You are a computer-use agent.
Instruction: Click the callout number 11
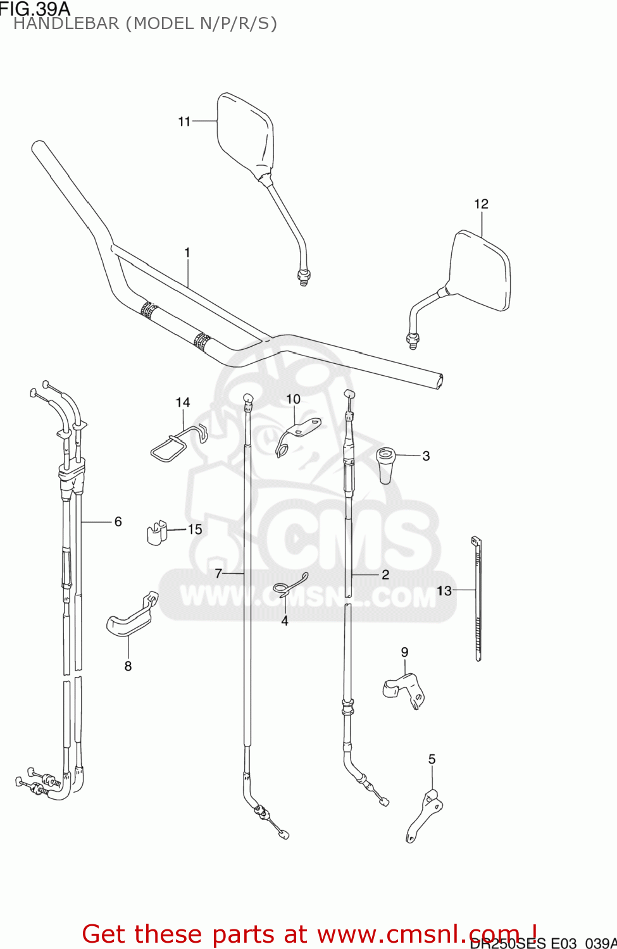click(x=184, y=121)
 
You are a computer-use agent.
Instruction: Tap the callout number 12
click(x=481, y=204)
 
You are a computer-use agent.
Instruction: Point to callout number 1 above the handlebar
click(x=187, y=252)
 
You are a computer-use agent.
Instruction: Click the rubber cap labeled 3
click(x=385, y=464)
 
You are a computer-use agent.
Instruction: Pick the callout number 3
click(x=426, y=456)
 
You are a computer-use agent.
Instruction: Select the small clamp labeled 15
click(x=156, y=532)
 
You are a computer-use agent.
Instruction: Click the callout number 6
click(x=118, y=521)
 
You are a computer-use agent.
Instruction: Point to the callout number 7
click(x=218, y=573)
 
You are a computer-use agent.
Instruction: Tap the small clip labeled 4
click(x=290, y=586)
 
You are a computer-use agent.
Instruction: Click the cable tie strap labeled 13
click(x=478, y=598)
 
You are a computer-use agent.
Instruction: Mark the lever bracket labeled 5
click(x=424, y=816)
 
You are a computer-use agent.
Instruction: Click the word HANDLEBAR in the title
click(x=66, y=24)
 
